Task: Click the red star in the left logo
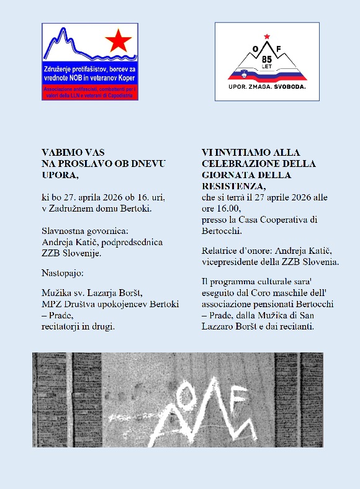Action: [118, 42]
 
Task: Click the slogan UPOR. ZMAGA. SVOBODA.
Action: [267, 87]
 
